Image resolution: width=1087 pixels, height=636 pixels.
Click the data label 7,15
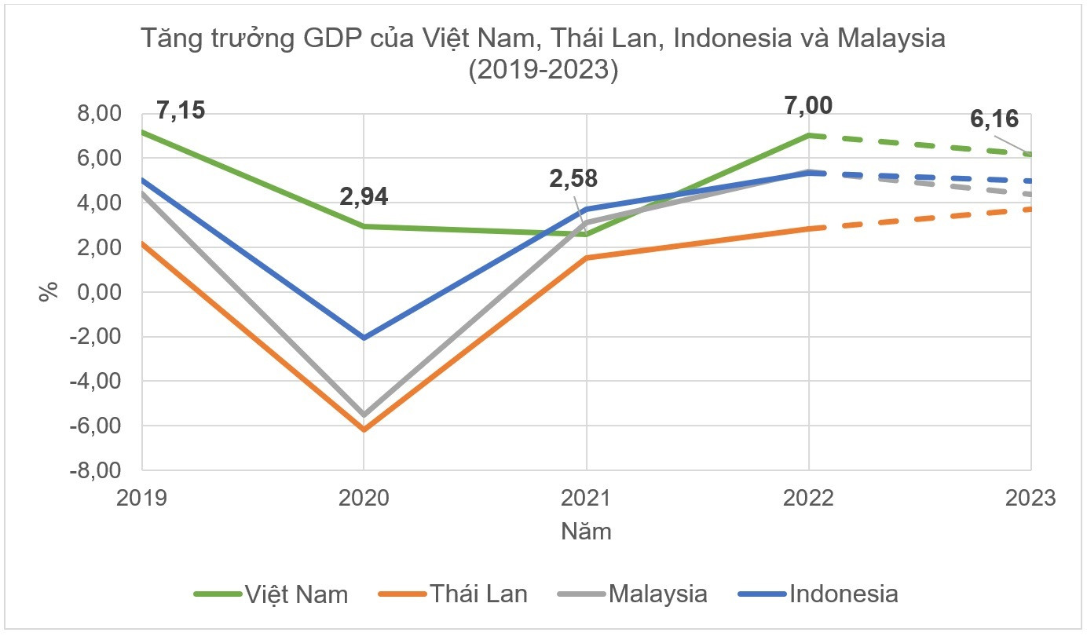(x=181, y=110)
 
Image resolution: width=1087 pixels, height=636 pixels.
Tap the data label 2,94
(x=364, y=196)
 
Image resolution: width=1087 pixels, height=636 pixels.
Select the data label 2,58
(x=573, y=178)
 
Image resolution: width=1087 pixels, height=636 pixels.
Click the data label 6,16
(x=994, y=119)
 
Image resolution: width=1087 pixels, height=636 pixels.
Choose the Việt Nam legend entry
(x=271, y=594)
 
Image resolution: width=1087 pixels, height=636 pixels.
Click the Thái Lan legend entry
(x=453, y=594)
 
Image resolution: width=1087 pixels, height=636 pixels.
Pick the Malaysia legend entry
(x=632, y=594)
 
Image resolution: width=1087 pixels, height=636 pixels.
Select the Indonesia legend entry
(x=818, y=594)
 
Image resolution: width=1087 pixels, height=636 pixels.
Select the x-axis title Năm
(x=586, y=532)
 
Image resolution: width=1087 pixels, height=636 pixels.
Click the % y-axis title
(x=49, y=291)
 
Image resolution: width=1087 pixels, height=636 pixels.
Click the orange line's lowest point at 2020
(x=364, y=429)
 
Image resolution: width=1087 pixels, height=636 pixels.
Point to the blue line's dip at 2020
(x=364, y=338)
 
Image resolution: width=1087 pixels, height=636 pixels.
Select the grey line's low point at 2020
(x=364, y=414)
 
